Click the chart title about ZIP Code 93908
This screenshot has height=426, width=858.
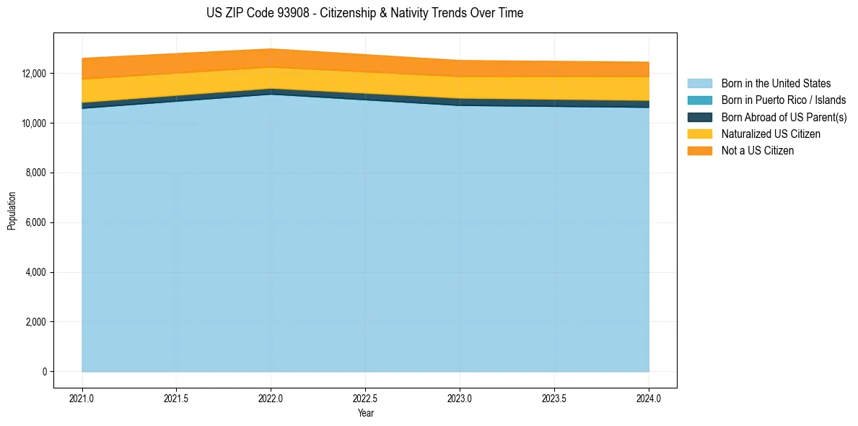click(364, 13)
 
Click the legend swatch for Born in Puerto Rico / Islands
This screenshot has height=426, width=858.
click(699, 100)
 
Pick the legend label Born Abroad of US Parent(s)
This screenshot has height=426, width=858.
click(784, 117)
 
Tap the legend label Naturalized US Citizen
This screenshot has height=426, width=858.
click(771, 134)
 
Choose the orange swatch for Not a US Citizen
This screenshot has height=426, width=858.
click(699, 151)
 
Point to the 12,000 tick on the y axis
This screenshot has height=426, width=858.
click(35, 74)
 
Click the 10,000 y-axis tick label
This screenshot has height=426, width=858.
click(35, 123)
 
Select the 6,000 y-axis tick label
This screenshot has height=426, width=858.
click(37, 223)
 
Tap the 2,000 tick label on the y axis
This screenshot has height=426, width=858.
click(37, 322)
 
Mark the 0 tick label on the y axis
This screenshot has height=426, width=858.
click(45, 372)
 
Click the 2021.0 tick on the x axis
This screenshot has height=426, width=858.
click(82, 398)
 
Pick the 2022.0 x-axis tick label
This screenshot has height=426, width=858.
click(271, 398)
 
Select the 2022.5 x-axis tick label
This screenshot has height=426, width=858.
click(365, 398)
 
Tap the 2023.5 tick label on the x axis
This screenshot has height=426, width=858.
click(554, 398)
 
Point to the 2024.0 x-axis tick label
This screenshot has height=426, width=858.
click(649, 398)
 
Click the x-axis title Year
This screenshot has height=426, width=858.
click(365, 413)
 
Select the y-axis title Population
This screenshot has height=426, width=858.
click(12, 211)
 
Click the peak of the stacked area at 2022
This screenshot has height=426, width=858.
click(271, 49)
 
